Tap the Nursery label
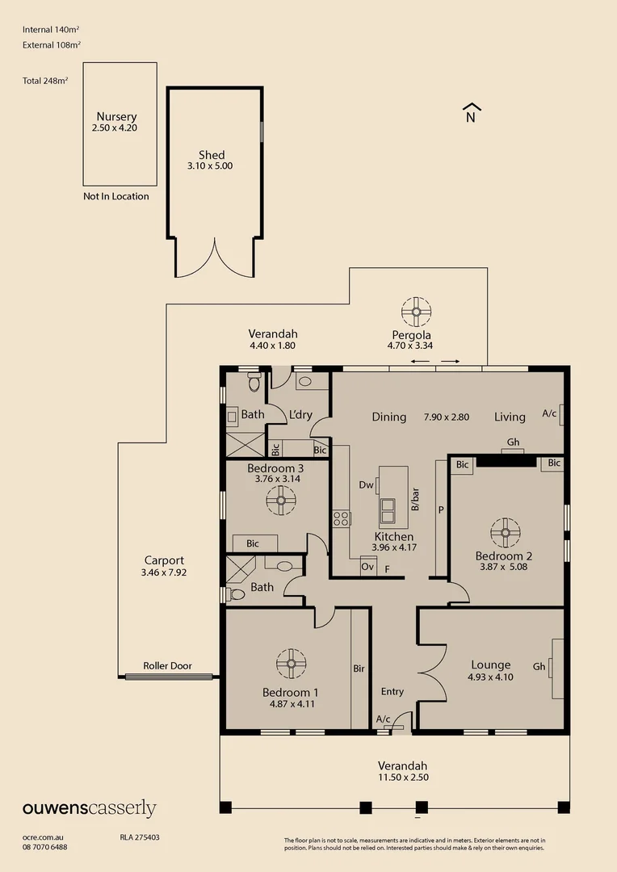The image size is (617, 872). coord(116,116)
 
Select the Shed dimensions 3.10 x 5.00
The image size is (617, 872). coord(212,166)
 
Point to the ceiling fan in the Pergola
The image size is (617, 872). coord(417,311)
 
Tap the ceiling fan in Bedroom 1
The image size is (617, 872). coord(291,664)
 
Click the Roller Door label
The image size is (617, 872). coord(167,666)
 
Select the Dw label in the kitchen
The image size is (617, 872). coord(366,485)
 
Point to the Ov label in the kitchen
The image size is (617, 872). coord(367,568)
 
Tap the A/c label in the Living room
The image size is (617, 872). coord(549,413)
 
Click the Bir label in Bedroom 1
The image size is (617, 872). coord(359,669)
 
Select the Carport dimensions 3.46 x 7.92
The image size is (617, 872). coord(164,572)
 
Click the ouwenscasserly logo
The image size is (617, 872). coord(89,809)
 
